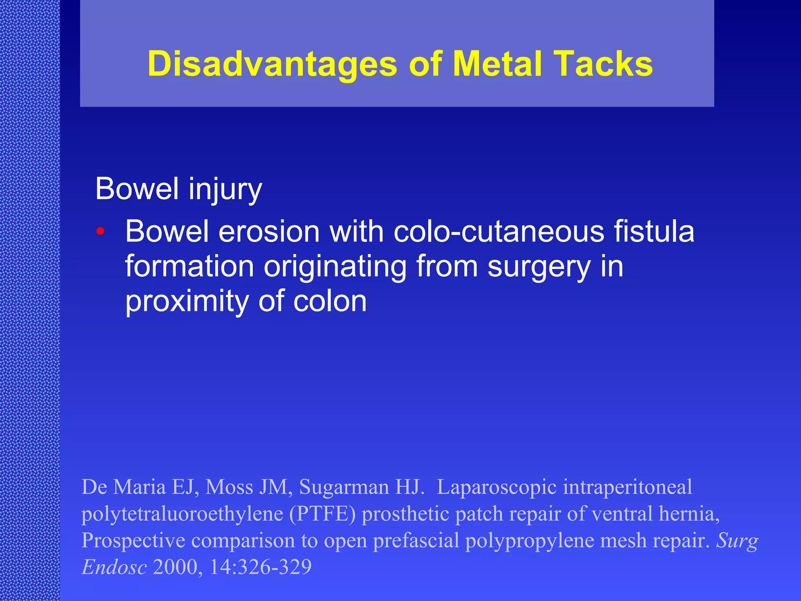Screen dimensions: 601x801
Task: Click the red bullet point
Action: coord(101,231)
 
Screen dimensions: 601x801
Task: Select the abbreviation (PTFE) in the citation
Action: coord(322,514)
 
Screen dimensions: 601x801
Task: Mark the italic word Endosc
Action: coord(114,567)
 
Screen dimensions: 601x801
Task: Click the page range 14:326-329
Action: coord(260,567)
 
